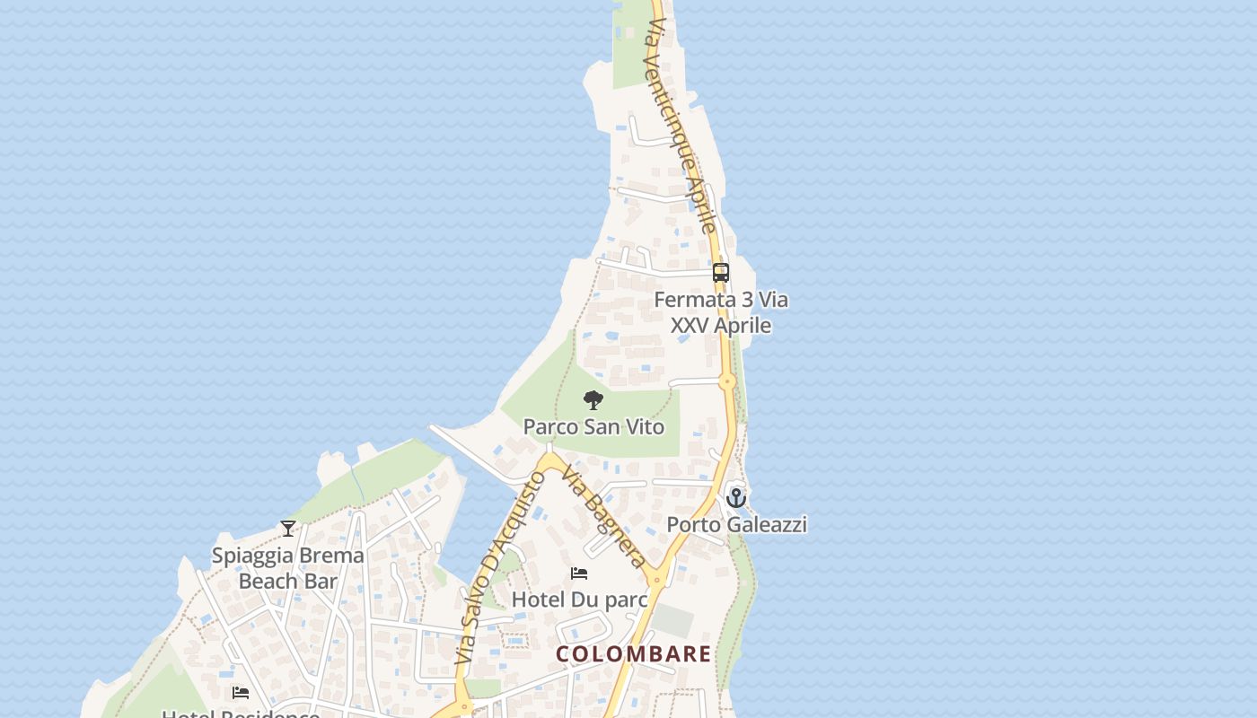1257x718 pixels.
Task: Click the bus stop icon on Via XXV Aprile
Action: click(x=720, y=272)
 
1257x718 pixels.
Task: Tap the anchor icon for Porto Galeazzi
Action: click(x=736, y=497)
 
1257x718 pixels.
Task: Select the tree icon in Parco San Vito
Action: click(x=593, y=400)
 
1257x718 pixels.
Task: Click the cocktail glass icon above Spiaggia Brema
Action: click(x=288, y=529)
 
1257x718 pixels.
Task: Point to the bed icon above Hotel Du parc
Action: click(x=579, y=574)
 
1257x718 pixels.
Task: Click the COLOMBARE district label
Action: click(x=633, y=653)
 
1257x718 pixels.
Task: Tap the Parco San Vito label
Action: click(x=593, y=426)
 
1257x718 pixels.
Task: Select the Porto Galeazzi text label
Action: click(x=736, y=524)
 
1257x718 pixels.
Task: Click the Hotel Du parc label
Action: click(x=579, y=599)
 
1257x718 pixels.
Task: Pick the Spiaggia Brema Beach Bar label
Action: click(x=288, y=568)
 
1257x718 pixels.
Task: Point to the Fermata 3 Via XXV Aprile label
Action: click(x=721, y=312)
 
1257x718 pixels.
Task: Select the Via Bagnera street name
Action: click(x=604, y=516)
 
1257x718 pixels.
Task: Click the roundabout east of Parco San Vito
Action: click(x=727, y=381)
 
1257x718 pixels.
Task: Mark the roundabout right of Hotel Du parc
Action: click(x=656, y=581)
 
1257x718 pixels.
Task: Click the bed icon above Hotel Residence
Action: click(x=241, y=692)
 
